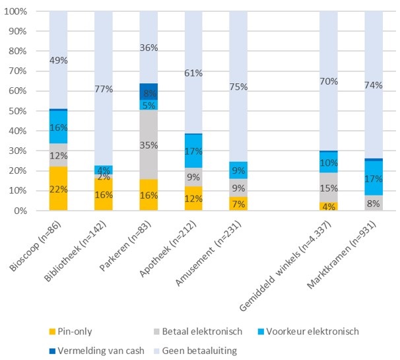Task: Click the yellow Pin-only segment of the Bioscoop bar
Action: tap(59, 189)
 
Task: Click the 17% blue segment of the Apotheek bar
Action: tap(193, 151)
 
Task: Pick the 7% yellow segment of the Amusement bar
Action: tap(238, 203)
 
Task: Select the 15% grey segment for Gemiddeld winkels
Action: tap(329, 188)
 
